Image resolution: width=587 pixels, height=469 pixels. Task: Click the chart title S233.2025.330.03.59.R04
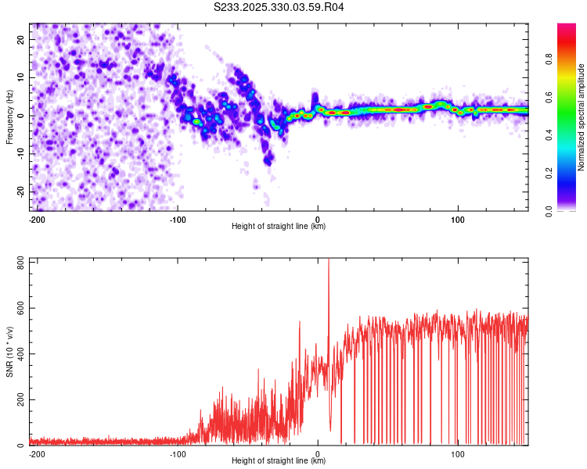[x=279, y=8]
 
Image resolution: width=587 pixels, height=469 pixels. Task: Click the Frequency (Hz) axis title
[x=9, y=117]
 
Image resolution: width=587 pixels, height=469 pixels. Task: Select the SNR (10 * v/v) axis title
[x=9, y=353]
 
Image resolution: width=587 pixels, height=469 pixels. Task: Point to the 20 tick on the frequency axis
[x=21, y=39]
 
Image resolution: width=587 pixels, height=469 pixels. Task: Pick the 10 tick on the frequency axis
[x=21, y=77]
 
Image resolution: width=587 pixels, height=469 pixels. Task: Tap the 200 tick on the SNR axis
[x=18, y=400]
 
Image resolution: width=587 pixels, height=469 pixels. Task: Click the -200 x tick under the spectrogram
[x=35, y=218]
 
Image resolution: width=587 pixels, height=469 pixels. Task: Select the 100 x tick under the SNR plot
[x=457, y=453]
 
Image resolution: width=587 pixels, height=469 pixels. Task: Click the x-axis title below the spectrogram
[x=279, y=227]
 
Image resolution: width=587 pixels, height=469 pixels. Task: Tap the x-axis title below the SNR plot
[x=279, y=461]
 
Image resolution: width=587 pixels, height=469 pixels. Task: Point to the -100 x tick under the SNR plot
[x=178, y=453]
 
